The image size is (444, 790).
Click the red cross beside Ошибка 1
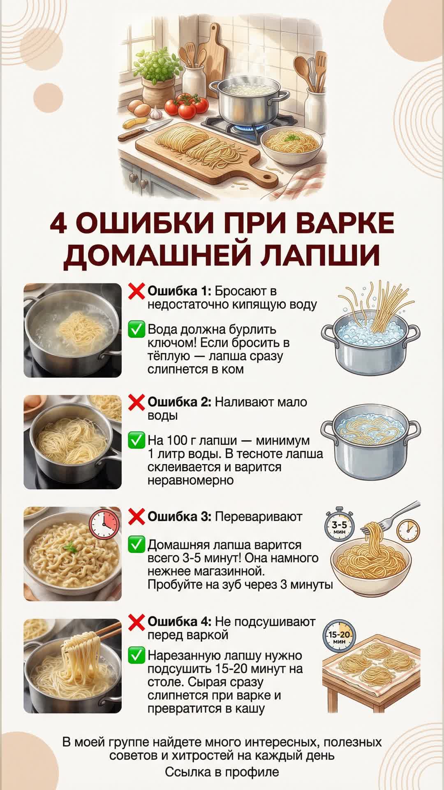[x=136, y=291]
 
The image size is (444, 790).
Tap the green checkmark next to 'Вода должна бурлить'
[x=136, y=330]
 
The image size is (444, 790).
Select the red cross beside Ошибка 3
[x=136, y=517]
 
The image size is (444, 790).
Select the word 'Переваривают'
[x=259, y=517]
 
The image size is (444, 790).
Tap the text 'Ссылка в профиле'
[x=222, y=772]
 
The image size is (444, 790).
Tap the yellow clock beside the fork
[x=408, y=530]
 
